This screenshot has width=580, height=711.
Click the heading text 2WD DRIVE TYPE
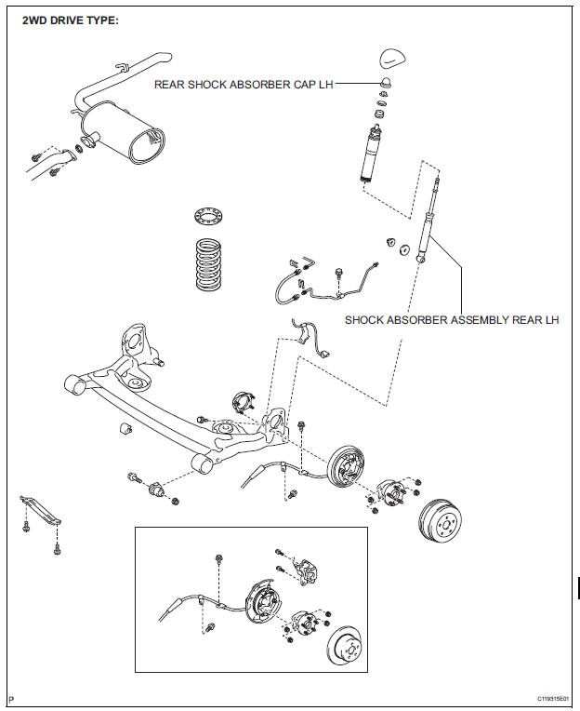click(71, 20)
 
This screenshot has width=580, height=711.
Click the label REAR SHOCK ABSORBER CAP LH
click(244, 85)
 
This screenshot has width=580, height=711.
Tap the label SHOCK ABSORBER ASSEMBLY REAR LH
click(452, 320)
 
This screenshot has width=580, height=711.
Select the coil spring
click(209, 264)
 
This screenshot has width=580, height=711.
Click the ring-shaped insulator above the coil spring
click(209, 215)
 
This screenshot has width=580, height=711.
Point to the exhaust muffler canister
click(123, 132)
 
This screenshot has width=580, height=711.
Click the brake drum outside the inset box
click(440, 520)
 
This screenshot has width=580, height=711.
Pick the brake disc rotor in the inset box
click(344, 646)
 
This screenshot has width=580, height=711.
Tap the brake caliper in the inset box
click(306, 571)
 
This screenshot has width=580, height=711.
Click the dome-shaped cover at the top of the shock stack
click(392, 58)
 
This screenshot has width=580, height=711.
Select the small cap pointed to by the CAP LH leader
click(386, 83)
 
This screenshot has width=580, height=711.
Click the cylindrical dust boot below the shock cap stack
click(372, 154)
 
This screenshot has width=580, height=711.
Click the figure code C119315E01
click(552, 698)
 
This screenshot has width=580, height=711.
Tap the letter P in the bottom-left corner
click(12, 699)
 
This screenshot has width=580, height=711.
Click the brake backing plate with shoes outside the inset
click(347, 466)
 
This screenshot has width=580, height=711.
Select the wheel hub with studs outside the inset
click(391, 492)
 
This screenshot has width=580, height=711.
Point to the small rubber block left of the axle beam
click(125, 428)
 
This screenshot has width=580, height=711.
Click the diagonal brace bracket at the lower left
click(40, 509)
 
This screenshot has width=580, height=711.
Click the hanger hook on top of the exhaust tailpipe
click(122, 67)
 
